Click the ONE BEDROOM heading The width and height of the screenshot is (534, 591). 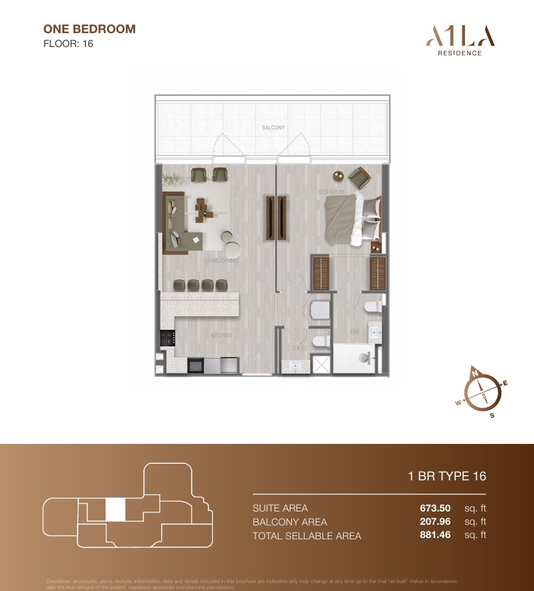pyautogui.click(x=89, y=29)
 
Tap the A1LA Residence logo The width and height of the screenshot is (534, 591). pyautogui.click(x=454, y=40)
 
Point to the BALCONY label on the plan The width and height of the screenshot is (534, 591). pyautogui.click(x=273, y=127)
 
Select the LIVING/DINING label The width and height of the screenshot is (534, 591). pyautogui.click(x=221, y=261)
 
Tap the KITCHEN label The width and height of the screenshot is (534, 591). pyautogui.click(x=221, y=335)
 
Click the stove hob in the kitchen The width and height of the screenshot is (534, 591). pyautogui.click(x=166, y=337)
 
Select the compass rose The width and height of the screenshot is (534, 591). pyautogui.click(x=481, y=393)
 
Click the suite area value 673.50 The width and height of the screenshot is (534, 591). pyautogui.click(x=434, y=508)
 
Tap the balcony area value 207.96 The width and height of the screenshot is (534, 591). pyautogui.click(x=434, y=522)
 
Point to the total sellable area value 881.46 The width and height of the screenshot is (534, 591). pyautogui.click(x=434, y=535)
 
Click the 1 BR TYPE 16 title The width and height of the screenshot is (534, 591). pyautogui.click(x=447, y=476)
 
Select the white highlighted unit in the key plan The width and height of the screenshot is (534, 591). pyautogui.click(x=115, y=510)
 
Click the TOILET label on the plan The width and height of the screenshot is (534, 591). pyautogui.click(x=300, y=347)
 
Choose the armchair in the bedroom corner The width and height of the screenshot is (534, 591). pyautogui.click(x=360, y=178)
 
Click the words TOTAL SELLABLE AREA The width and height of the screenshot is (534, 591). pyautogui.click(x=306, y=536)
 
